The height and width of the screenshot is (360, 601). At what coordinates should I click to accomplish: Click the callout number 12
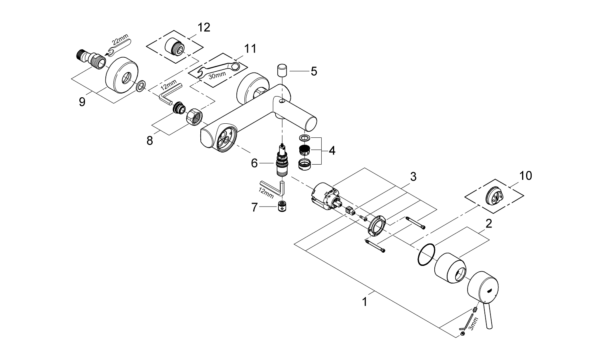(x=204, y=28)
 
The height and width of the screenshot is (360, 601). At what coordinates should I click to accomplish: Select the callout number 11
(x=250, y=49)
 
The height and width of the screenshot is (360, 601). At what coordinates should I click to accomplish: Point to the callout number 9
(x=82, y=102)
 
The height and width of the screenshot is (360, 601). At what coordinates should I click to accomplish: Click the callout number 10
(x=526, y=175)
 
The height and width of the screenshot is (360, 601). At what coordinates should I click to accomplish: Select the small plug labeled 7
(x=283, y=207)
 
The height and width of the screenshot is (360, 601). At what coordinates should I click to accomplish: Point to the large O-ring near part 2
(x=426, y=254)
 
